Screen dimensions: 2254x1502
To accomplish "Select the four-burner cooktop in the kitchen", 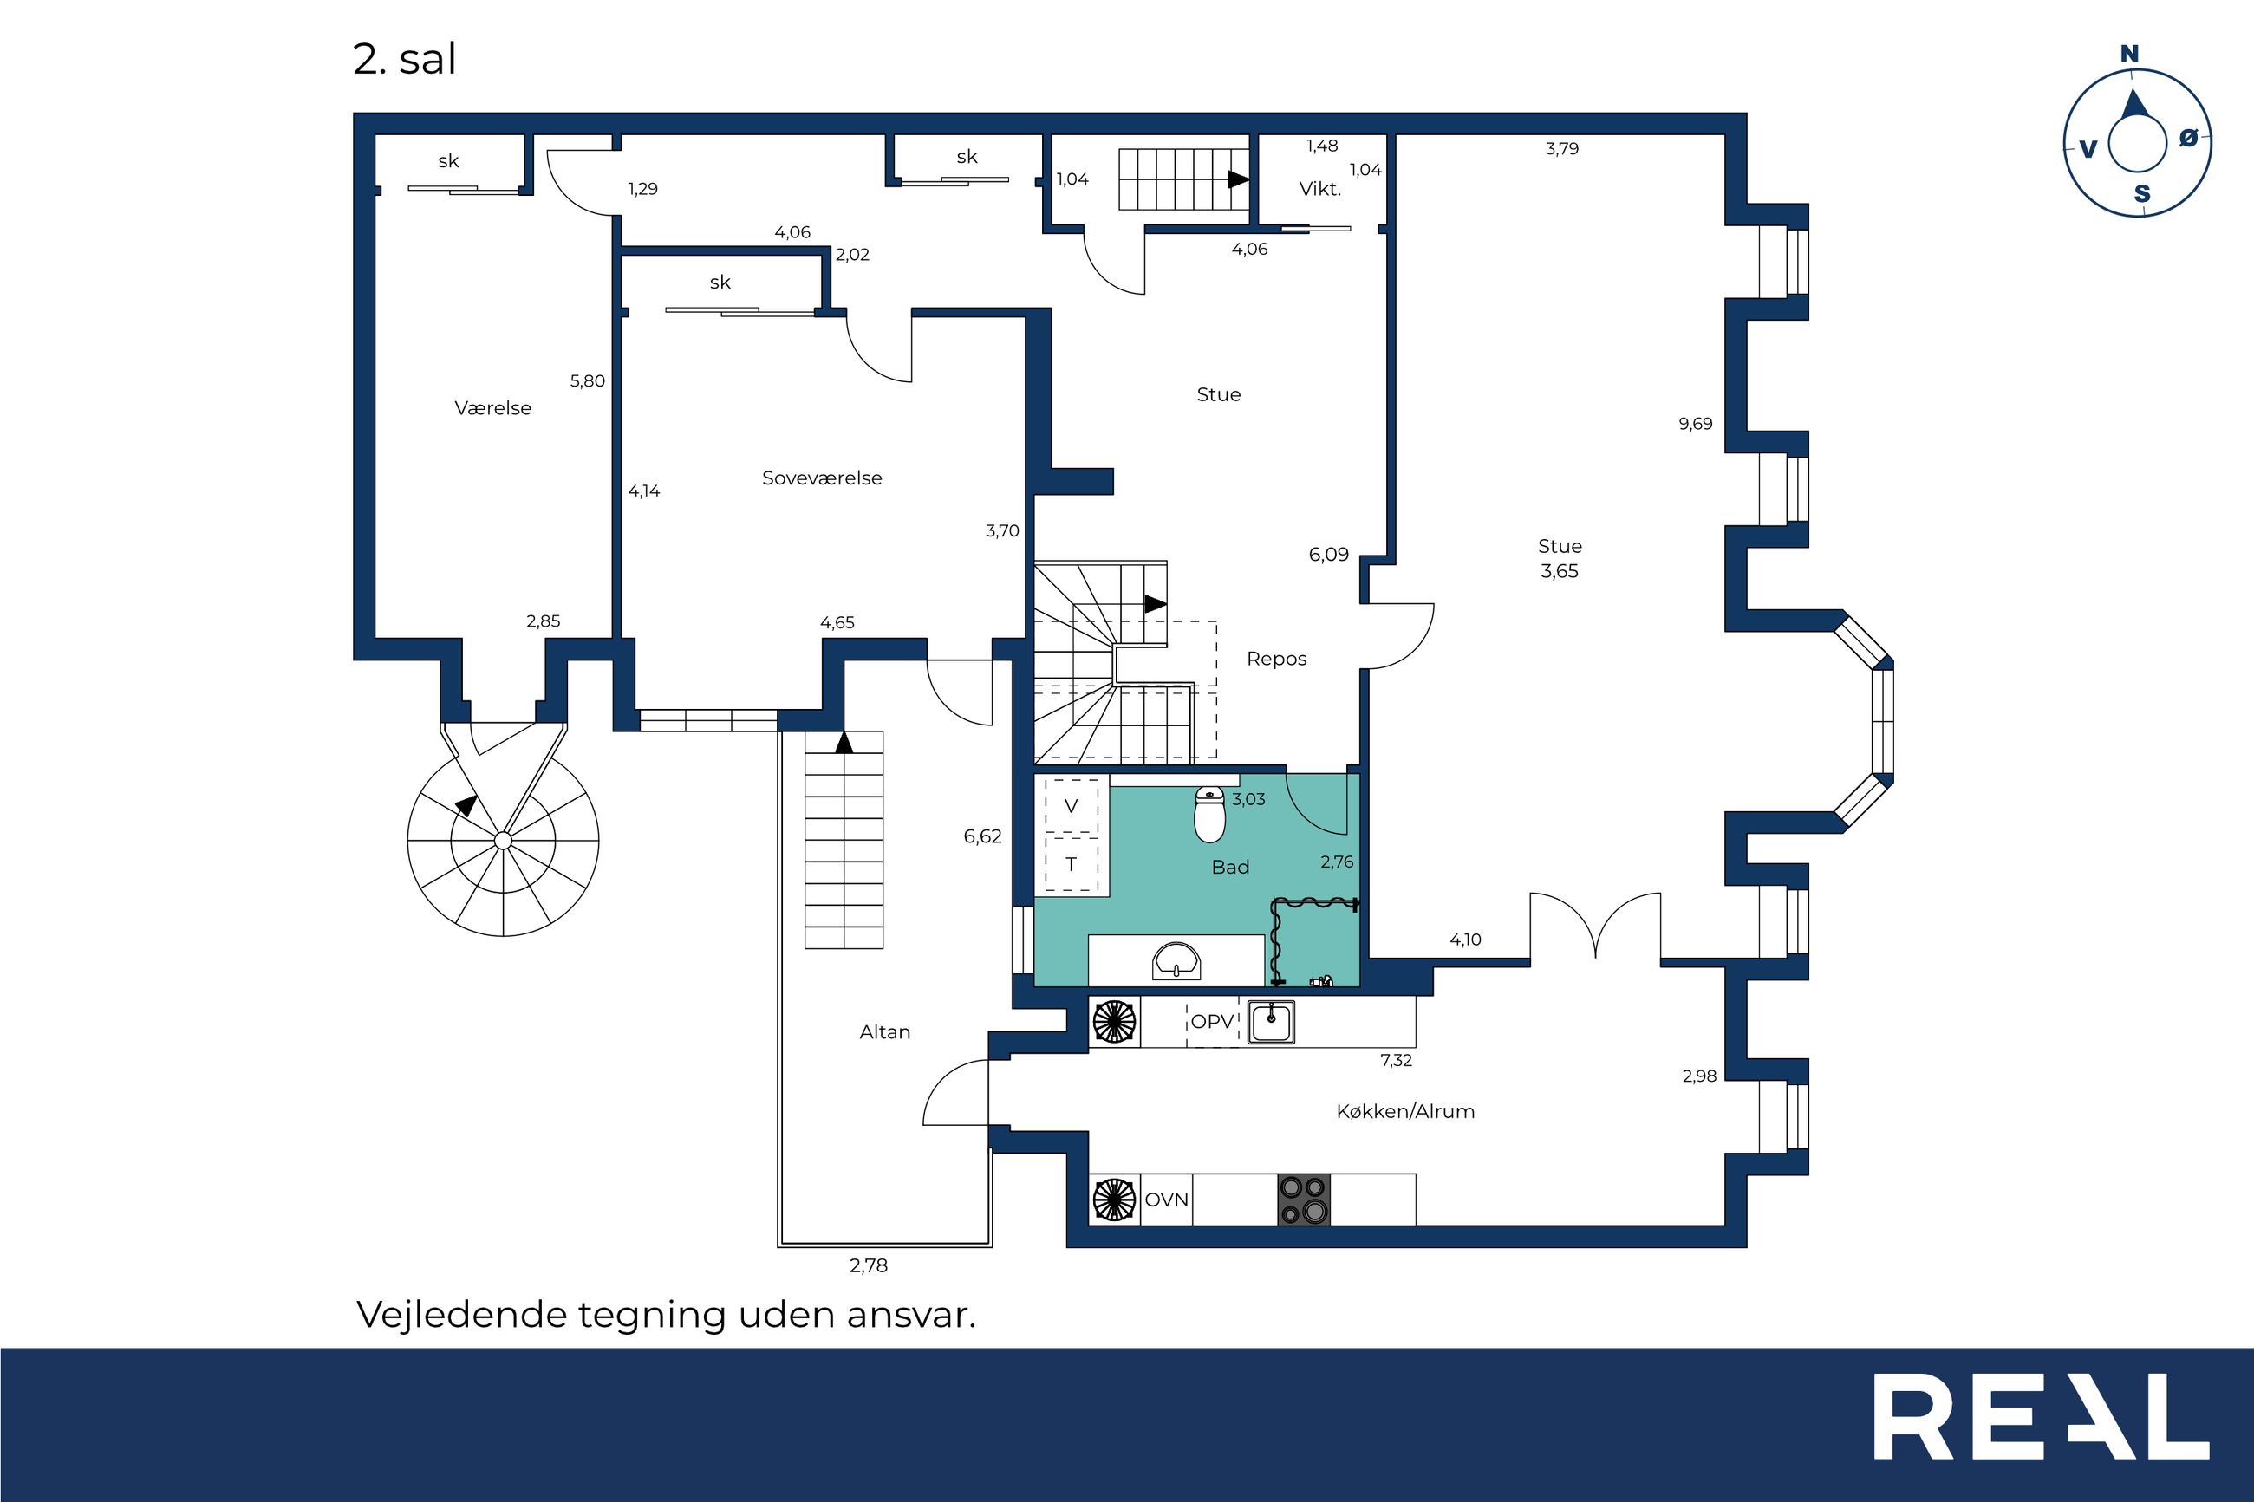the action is pyautogui.click(x=1305, y=1200).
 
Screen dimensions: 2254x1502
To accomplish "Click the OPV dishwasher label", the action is pyautogui.click(x=1212, y=1021).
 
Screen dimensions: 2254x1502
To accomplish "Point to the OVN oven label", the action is pyautogui.click(x=1167, y=1200).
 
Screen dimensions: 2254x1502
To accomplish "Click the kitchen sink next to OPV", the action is pyautogui.click(x=1271, y=1021).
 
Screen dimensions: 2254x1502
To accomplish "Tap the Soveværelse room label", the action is pyautogui.click(x=822, y=478).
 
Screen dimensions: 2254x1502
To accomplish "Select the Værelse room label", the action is pyautogui.click(x=492, y=408).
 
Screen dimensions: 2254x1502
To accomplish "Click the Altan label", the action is pyautogui.click(x=884, y=1031).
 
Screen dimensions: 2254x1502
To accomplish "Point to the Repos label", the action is pyautogui.click(x=1276, y=659).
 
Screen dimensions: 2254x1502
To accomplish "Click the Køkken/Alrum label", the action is pyautogui.click(x=1405, y=1111).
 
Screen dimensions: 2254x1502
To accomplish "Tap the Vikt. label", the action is pyautogui.click(x=1320, y=189).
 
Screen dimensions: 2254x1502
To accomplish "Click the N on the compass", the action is pyautogui.click(x=2129, y=55).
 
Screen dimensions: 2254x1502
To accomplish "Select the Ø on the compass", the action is pyautogui.click(x=2188, y=138).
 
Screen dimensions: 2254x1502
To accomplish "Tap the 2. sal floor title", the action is pyautogui.click(x=404, y=60).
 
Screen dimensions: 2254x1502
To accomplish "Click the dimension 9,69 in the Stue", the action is pyautogui.click(x=1696, y=424).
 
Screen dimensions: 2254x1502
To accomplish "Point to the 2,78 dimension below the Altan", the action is pyautogui.click(x=869, y=1265).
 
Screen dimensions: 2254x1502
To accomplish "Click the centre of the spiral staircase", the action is pyautogui.click(x=503, y=841).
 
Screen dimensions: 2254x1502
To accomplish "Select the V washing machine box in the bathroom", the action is pyautogui.click(x=1071, y=805).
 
